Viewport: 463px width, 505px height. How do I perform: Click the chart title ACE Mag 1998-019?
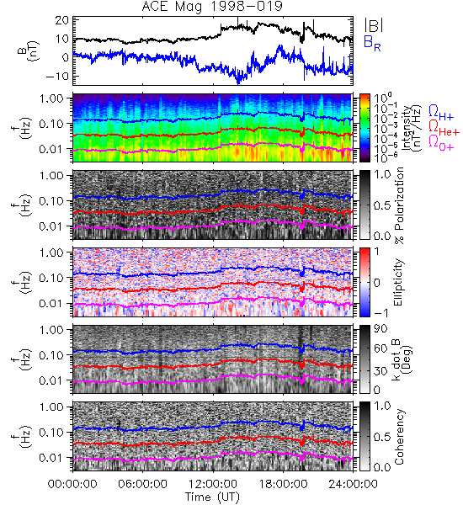(212, 7)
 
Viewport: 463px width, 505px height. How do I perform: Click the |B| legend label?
(374, 25)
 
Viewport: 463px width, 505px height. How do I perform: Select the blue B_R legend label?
(372, 43)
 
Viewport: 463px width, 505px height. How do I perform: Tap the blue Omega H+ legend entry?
(441, 113)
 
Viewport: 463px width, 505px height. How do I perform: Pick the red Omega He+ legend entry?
(444, 128)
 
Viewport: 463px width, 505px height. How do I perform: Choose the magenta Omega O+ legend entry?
(441, 143)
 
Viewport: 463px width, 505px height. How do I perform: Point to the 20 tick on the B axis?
(61, 20)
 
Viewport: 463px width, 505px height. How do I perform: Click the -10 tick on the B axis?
(57, 77)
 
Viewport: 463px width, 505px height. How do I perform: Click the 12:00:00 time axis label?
(213, 484)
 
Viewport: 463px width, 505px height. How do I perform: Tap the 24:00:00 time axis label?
(353, 484)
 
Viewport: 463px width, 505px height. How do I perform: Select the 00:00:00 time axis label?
(72, 484)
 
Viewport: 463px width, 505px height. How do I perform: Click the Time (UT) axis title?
(212, 497)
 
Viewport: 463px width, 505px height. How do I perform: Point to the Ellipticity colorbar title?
(398, 282)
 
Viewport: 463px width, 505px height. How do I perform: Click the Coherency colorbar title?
(399, 437)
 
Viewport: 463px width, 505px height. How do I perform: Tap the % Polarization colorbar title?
(399, 205)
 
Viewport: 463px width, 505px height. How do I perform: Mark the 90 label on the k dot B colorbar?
(380, 329)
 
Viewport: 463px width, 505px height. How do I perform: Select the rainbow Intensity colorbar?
(365, 128)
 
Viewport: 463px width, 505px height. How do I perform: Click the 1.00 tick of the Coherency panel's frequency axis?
(52, 407)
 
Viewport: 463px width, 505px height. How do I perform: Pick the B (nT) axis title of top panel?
(28, 50)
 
